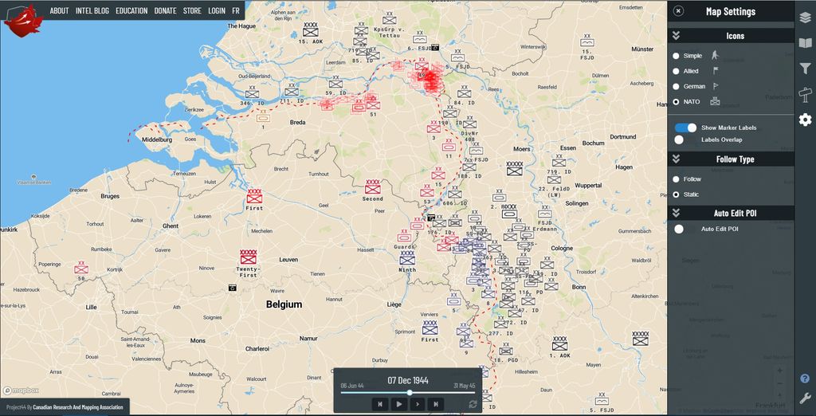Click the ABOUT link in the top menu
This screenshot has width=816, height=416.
click(x=59, y=11)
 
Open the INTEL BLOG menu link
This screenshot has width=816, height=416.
click(x=92, y=11)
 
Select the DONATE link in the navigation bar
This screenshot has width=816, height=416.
click(x=165, y=11)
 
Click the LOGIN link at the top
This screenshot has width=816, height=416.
click(x=216, y=11)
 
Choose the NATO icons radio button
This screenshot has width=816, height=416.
click(x=677, y=102)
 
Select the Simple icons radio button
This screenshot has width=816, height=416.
click(x=677, y=56)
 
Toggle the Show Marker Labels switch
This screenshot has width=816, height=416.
click(x=685, y=128)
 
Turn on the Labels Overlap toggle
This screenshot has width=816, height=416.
click(x=679, y=139)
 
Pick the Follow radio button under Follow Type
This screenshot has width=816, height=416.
click(x=677, y=179)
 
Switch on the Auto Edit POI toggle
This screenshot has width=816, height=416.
click(x=679, y=230)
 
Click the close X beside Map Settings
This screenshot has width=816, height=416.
click(x=678, y=11)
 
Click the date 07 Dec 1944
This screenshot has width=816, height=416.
click(x=408, y=380)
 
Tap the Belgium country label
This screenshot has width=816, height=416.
click(x=284, y=304)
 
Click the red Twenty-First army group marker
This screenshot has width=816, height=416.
click(x=248, y=257)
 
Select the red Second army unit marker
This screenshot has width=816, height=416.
click(x=372, y=186)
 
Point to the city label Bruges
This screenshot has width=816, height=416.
click(x=109, y=196)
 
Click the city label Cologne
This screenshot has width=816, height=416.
click(x=561, y=248)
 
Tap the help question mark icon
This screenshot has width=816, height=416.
click(x=805, y=379)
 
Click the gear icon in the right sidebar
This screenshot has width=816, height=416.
click(x=805, y=120)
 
